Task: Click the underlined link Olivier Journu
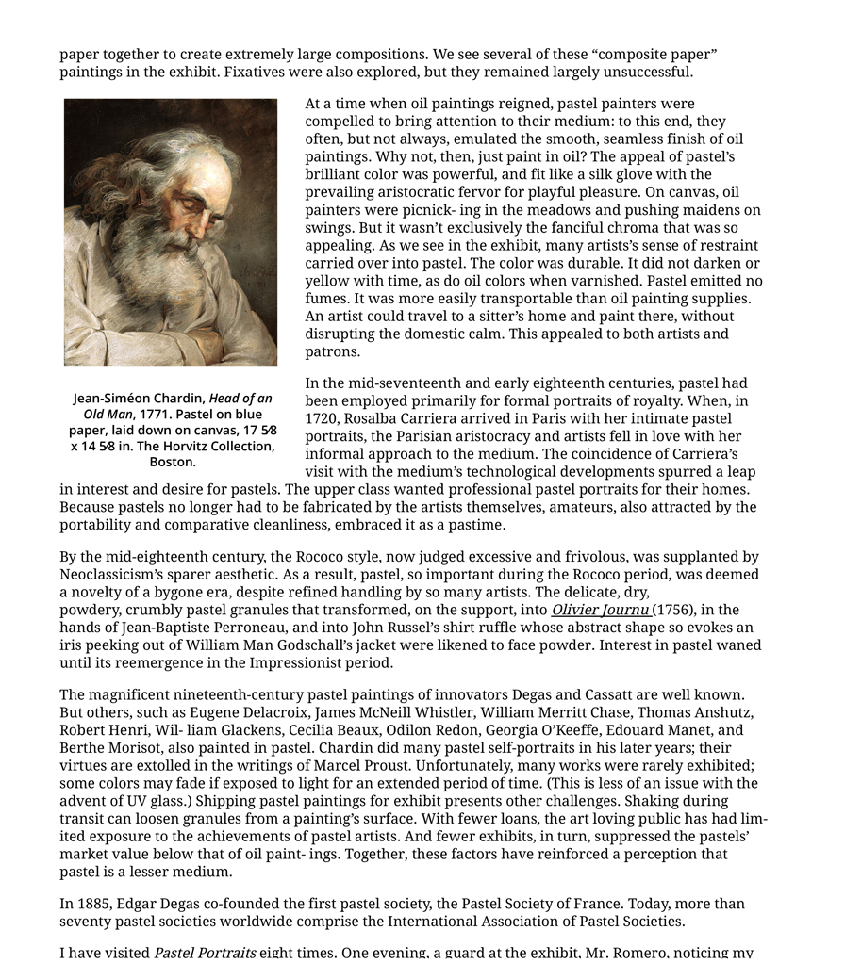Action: (600, 610)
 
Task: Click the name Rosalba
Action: (373, 418)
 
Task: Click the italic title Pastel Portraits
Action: (205, 953)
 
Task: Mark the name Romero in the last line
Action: (643, 953)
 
